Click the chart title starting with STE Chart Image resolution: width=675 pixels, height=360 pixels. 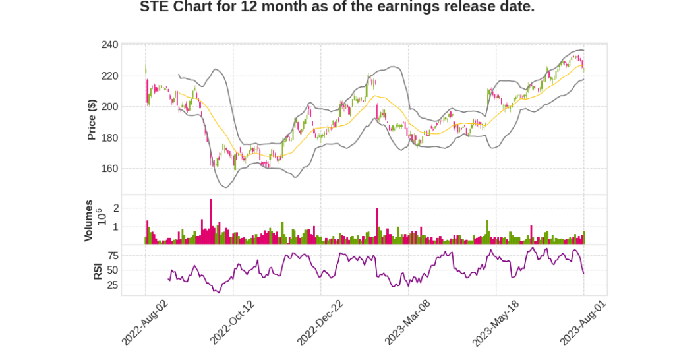[337, 7]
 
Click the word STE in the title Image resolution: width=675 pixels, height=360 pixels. [154, 7]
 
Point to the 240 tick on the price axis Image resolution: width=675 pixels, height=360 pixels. [109, 45]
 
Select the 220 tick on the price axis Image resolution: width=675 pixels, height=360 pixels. [109, 76]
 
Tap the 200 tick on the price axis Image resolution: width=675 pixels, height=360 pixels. [109, 107]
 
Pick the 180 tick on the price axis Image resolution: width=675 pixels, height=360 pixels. [109, 138]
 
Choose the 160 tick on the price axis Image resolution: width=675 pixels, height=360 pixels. [109, 169]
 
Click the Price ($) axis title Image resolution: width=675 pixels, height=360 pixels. [92, 119]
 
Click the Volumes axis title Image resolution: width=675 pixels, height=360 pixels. [89, 220]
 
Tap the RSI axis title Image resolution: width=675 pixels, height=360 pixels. [98, 270]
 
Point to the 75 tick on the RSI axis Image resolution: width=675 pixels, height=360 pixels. [113, 255]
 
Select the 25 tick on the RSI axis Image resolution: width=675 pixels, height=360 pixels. [113, 285]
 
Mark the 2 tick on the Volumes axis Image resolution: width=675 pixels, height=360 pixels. [116, 208]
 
